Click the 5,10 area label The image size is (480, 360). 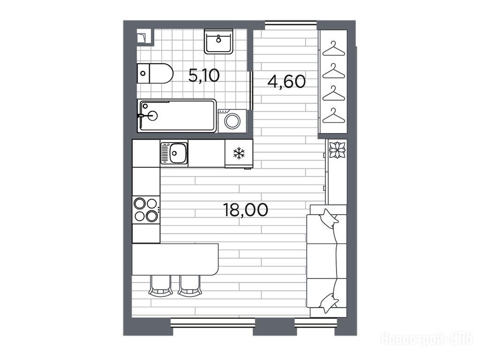point(204,75)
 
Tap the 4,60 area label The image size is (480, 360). point(286,82)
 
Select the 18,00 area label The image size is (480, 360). point(246,210)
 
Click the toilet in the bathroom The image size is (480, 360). point(155,73)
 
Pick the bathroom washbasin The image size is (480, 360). point(218,42)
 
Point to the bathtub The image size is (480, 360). point(177,115)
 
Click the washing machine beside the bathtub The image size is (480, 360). point(232,121)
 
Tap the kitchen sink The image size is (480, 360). point(174,153)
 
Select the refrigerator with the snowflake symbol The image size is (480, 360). point(239,153)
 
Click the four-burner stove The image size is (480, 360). point(146,210)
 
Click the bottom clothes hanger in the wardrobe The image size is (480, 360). point(334,116)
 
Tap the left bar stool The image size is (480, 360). point(160,285)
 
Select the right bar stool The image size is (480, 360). point(189,285)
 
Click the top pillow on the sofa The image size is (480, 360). point(329,218)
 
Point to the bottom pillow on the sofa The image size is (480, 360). point(329,303)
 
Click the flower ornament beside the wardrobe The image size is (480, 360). point(337,150)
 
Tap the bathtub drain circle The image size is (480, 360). point(152,116)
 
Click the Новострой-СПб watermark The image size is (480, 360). point(427,339)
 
